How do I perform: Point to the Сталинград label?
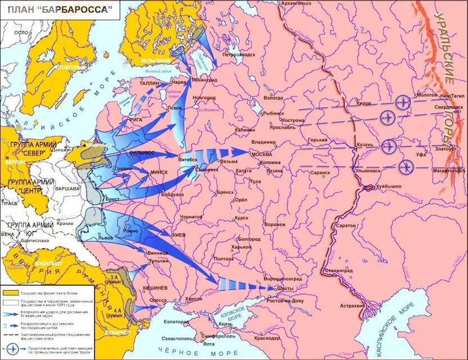coord(337,271)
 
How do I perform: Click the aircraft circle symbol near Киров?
coord(401,102)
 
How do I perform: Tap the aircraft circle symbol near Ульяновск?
coord(405,167)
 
